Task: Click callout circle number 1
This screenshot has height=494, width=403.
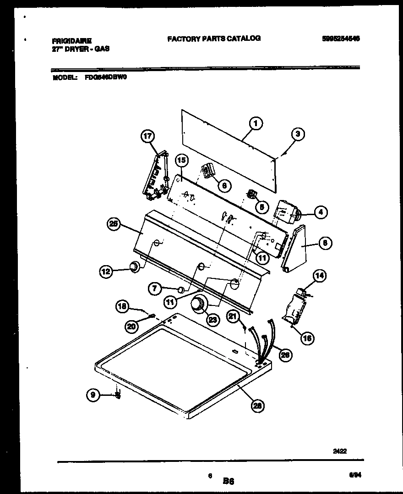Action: (x=256, y=123)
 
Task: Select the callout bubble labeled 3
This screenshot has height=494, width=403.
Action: (x=298, y=134)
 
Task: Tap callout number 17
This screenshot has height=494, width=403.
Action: (x=148, y=136)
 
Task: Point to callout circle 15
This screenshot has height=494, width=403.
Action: (x=181, y=161)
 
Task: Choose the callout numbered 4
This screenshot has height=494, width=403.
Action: (x=321, y=212)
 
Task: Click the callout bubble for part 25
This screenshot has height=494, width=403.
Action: (x=114, y=224)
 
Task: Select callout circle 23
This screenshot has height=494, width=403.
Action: (x=212, y=319)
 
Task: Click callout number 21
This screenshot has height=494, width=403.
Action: (x=233, y=316)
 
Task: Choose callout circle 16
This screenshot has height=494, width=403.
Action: (x=307, y=339)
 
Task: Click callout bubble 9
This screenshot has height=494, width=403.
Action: (x=93, y=393)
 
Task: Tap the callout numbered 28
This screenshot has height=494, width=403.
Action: (x=258, y=405)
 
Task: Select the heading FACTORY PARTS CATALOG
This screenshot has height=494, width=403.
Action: (x=214, y=39)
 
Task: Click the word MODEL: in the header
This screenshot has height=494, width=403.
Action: (x=65, y=78)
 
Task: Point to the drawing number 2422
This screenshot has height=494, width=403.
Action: (x=339, y=451)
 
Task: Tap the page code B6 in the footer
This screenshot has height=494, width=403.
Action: (x=229, y=481)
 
